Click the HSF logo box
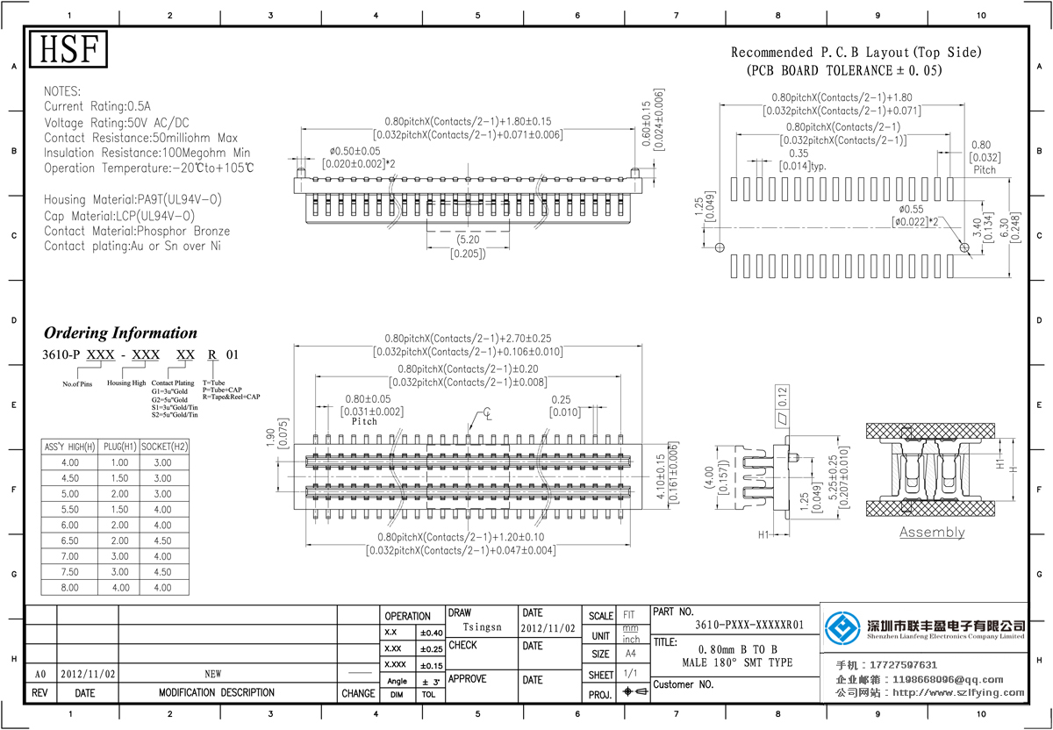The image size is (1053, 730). pos(68,50)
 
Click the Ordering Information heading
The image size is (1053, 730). pos(121,333)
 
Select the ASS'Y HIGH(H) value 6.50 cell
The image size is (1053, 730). pos(69,540)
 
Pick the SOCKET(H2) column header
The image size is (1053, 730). pos(163,447)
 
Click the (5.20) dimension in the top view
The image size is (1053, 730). pos(468,240)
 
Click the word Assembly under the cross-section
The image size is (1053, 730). pos(932,533)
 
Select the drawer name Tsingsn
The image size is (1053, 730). pos(482,627)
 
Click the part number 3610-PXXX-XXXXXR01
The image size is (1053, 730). pos(749,626)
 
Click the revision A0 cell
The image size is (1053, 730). pos(39,675)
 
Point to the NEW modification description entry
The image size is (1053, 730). pos(213,675)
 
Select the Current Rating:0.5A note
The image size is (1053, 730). pos(97,106)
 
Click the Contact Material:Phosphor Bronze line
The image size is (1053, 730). pos(137,232)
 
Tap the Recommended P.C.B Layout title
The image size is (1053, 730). pos(856,53)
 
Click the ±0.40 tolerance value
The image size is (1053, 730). pos(431,633)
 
